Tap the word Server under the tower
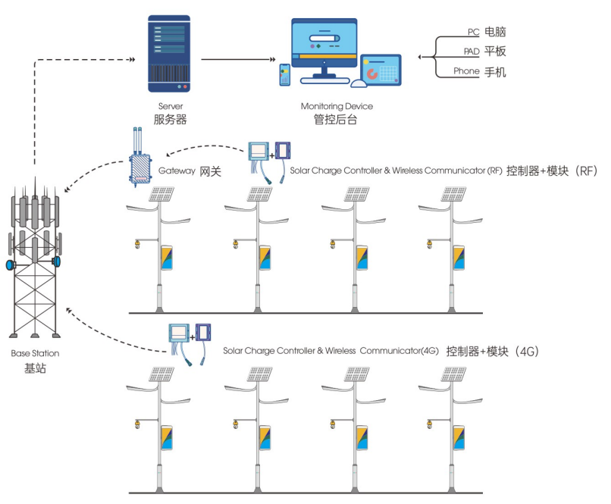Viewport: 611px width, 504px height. click(171, 106)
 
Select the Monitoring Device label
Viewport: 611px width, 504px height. click(337, 106)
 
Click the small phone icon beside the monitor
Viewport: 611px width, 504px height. click(285, 74)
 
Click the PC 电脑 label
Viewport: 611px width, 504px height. click(487, 32)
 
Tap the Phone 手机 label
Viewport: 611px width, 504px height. click(479, 71)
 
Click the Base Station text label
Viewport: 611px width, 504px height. click(35, 353)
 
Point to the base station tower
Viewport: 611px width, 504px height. click(35, 258)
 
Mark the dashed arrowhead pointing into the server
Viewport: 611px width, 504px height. click(133, 59)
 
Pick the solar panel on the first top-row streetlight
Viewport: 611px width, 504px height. click(161, 195)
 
